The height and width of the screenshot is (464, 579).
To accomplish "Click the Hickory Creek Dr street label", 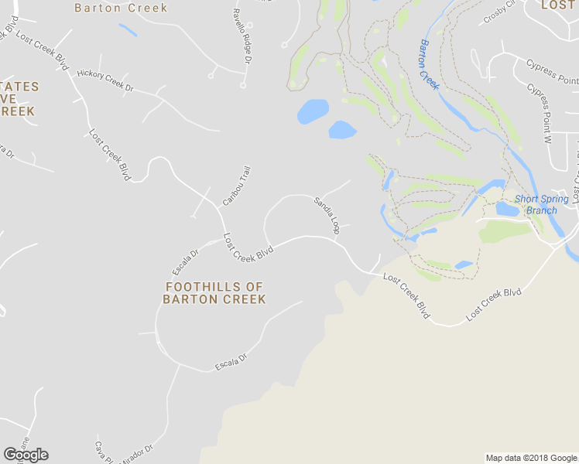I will (x=105, y=80).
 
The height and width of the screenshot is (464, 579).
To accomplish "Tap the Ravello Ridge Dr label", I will (x=242, y=36).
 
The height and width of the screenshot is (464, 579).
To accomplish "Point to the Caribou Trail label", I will (x=237, y=186).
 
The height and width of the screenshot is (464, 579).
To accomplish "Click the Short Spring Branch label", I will (x=541, y=204).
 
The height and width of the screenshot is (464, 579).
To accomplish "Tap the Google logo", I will (x=26, y=455).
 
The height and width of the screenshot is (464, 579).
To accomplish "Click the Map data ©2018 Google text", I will (x=530, y=458).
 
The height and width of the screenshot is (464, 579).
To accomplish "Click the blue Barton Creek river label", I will (x=429, y=64).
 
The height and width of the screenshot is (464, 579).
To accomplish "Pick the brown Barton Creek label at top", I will (x=121, y=8).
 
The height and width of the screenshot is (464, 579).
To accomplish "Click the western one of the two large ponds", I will (x=313, y=111).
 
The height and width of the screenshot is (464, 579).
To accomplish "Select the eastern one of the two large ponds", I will (x=341, y=130).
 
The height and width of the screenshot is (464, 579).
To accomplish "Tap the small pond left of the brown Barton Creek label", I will (x=128, y=30).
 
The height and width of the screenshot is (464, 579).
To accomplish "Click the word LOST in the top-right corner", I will (x=558, y=5).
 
